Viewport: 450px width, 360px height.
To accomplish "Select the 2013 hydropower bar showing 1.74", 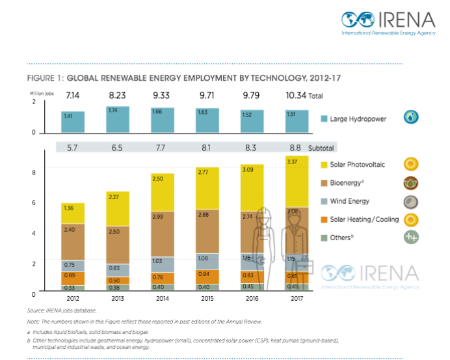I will click(x=118, y=119).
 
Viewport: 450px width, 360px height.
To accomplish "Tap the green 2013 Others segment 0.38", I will click(x=118, y=287).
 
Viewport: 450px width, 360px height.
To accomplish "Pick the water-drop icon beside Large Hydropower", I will click(x=411, y=118).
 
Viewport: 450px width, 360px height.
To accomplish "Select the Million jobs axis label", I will click(x=40, y=94).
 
